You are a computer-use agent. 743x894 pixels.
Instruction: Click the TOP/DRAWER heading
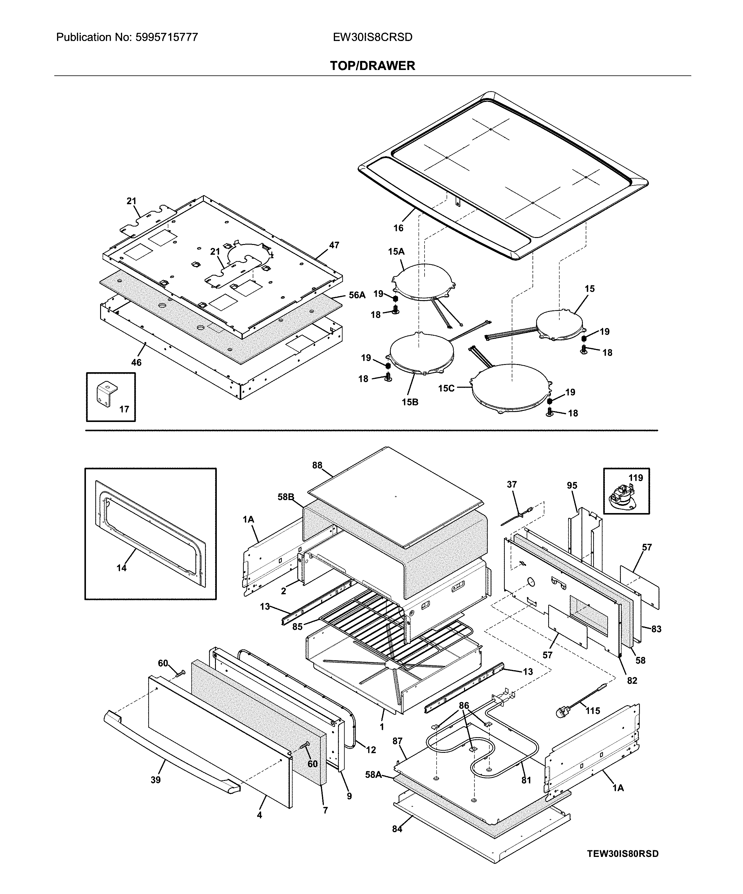[372, 65]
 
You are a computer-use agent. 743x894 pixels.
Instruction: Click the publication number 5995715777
[166, 37]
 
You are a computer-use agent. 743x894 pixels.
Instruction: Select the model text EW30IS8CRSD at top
[372, 37]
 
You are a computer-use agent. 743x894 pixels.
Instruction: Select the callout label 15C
[446, 388]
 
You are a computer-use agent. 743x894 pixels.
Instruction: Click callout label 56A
[357, 295]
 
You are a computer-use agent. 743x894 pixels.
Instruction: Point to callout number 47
[334, 245]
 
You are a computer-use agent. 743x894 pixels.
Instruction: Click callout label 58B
[286, 497]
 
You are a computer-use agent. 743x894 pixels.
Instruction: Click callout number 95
[572, 485]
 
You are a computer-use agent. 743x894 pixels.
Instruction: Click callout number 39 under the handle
[156, 779]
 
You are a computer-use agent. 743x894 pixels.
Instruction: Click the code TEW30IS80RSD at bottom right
[623, 854]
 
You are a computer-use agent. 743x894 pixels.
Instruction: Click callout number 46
[136, 362]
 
